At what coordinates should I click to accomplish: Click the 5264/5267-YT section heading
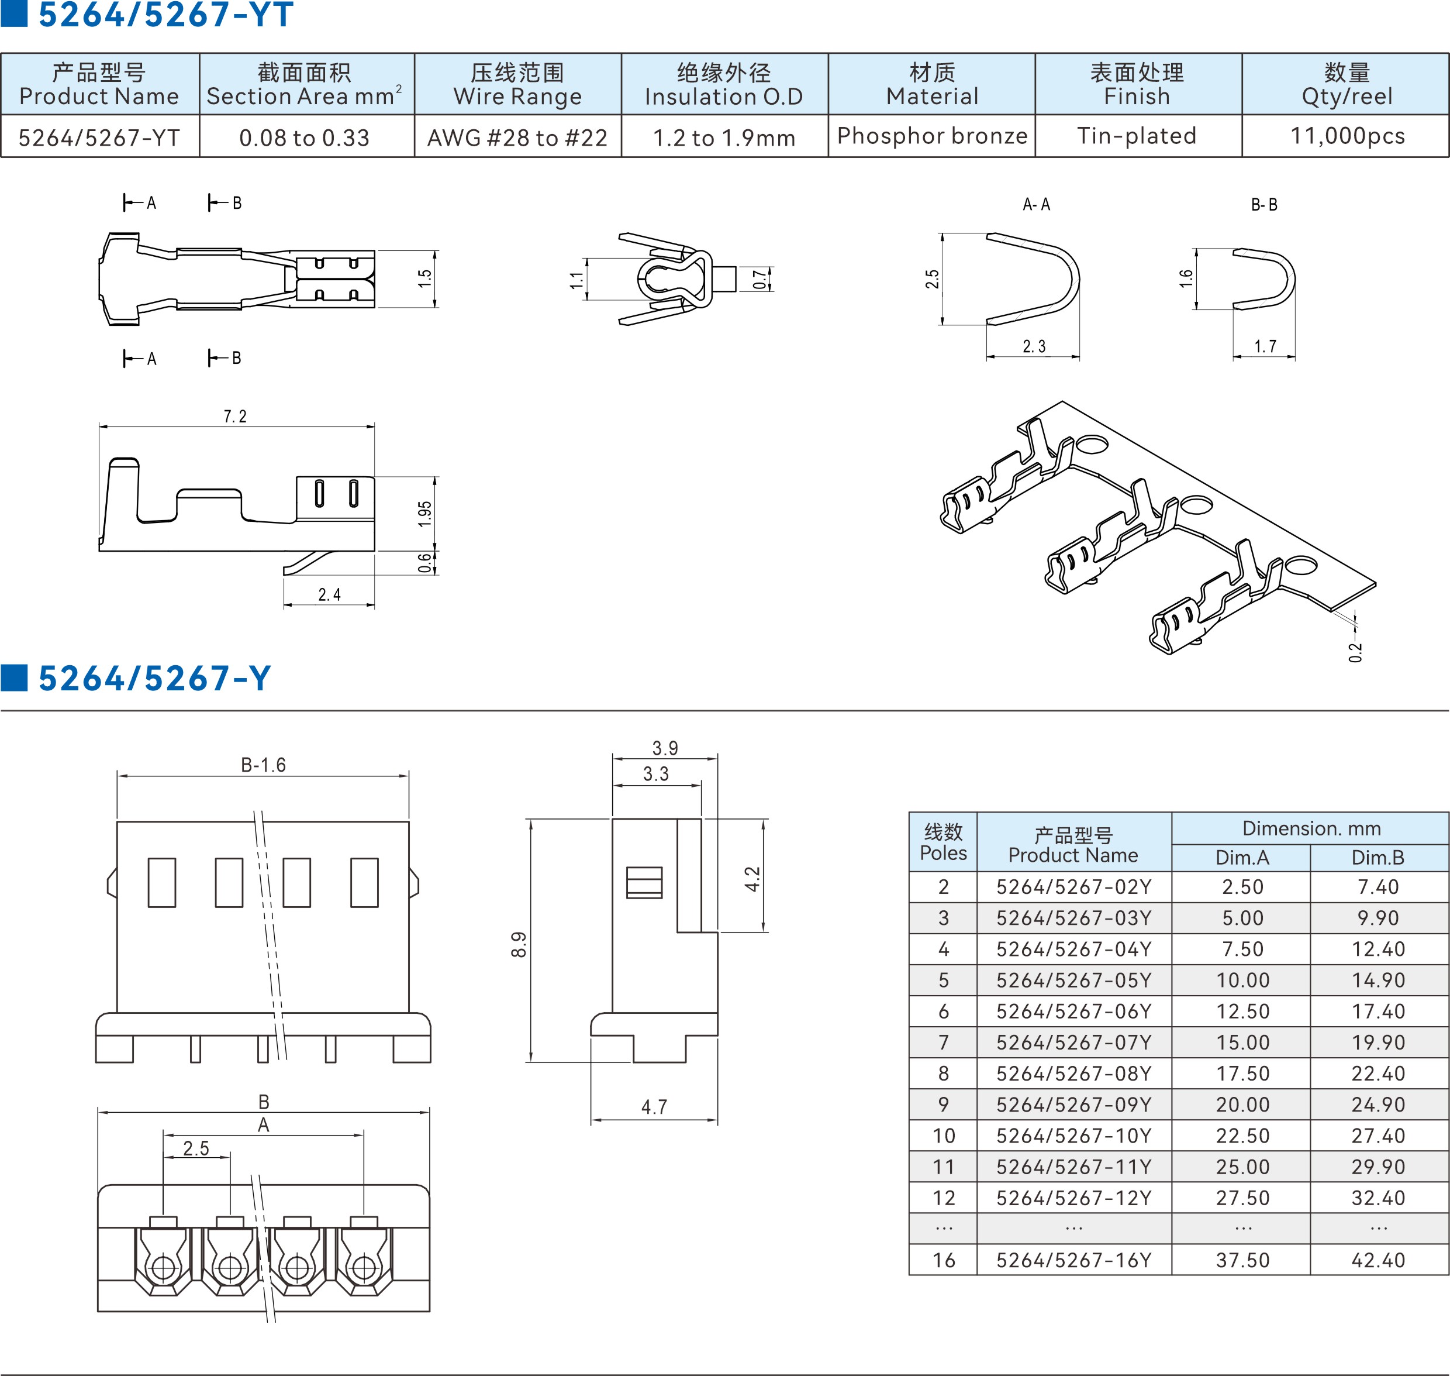click(165, 15)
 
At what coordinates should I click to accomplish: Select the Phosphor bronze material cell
click(932, 136)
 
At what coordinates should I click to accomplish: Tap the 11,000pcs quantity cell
click(1347, 136)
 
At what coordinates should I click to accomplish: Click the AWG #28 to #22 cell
click(517, 137)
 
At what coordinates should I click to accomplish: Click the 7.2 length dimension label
click(235, 417)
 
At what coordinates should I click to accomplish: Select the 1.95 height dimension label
click(424, 514)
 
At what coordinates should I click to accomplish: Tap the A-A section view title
click(1036, 205)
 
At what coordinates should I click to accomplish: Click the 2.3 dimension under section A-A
click(1034, 346)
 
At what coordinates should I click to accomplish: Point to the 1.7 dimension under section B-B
click(1265, 346)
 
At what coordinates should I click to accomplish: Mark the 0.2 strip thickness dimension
click(1355, 651)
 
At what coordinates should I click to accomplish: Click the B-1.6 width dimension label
click(263, 765)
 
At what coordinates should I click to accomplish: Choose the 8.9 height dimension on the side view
click(518, 944)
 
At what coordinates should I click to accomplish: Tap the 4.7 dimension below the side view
click(654, 1107)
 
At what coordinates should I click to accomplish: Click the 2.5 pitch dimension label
click(196, 1148)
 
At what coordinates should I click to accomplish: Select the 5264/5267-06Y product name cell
click(1073, 1012)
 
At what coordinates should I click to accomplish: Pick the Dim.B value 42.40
click(1378, 1260)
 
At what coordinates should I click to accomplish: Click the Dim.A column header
click(1242, 858)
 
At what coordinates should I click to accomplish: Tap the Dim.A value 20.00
click(1242, 1105)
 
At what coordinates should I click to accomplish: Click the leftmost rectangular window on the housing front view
click(162, 882)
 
